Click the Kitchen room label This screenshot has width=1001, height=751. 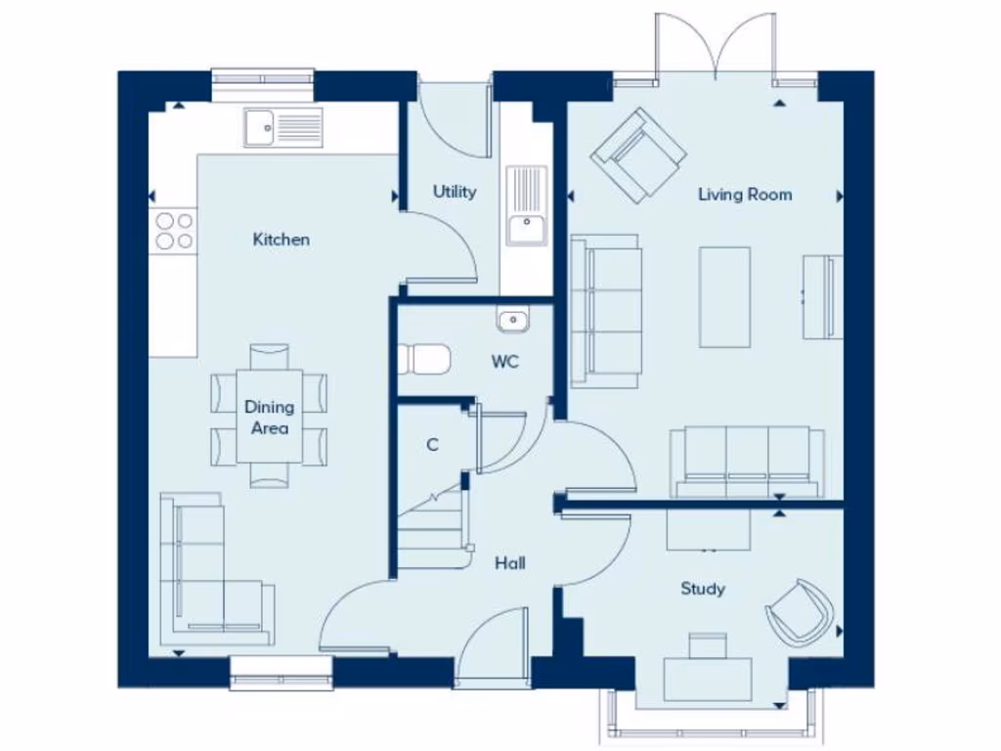pyautogui.click(x=281, y=240)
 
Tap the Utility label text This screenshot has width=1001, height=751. pyautogui.click(x=455, y=192)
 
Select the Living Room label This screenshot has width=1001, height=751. pyautogui.click(x=744, y=195)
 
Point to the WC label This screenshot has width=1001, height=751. pyautogui.click(x=504, y=362)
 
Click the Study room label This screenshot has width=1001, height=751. pyautogui.click(x=703, y=589)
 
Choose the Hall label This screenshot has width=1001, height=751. pyautogui.click(x=509, y=563)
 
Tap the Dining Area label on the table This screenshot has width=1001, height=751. pyautogui.click(x=269, y=418)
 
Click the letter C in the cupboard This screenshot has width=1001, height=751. pyautogui.click(x=432, y=445)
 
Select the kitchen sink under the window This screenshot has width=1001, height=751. pyautogui.click(x=283, y=128)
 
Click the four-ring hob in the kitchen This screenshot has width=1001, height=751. pyautogui.click(x=173, y=231)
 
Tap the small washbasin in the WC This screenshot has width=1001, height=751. pyautogui.click(x=512, y=320)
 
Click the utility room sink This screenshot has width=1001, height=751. pyautogui.click(x=527, y=206)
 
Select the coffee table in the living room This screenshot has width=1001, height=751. pyautogui.click(x=724, y=297)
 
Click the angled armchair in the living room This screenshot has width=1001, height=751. pyautogui.click(x=637, y=155)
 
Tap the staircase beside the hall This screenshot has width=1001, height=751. pyautogui.click(x=430, y=533)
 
